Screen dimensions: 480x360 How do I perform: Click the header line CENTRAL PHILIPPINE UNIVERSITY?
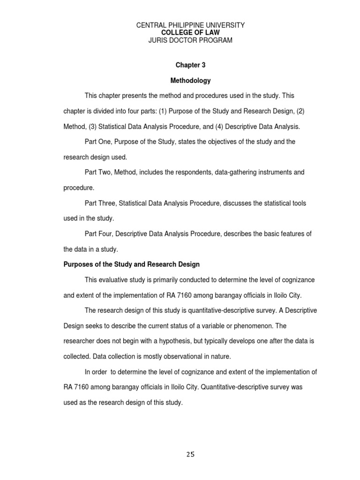(x=190, y=25)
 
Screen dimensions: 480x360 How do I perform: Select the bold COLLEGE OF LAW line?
(x=190, y=33)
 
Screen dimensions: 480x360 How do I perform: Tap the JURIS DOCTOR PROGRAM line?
(x=190, y=40)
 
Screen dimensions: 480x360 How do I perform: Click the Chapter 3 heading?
(x=190, y=65)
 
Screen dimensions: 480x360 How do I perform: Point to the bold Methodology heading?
(x=190, y=81)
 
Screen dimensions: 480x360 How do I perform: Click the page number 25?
(x=190, y=454)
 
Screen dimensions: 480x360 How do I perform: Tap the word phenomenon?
(x=258, y=326)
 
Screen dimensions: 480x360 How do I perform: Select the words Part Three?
(x=100, y=203)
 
